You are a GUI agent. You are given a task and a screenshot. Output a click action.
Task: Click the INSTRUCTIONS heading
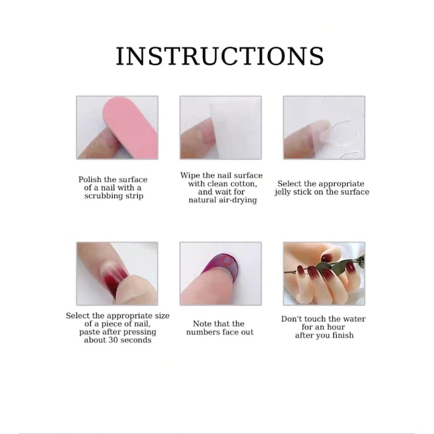tap(219, 56)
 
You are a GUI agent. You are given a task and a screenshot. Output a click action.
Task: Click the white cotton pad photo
tap(220, 127)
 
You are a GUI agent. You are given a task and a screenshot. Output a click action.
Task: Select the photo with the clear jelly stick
tap(324, 127)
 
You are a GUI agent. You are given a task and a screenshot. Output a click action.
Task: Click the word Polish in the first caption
tap(90, 179)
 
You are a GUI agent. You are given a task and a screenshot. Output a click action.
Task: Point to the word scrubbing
tap(102, 196)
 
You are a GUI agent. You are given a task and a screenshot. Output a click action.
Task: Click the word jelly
tap(286, 192)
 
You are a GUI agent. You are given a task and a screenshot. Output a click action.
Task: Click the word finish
tap(342, 335)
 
